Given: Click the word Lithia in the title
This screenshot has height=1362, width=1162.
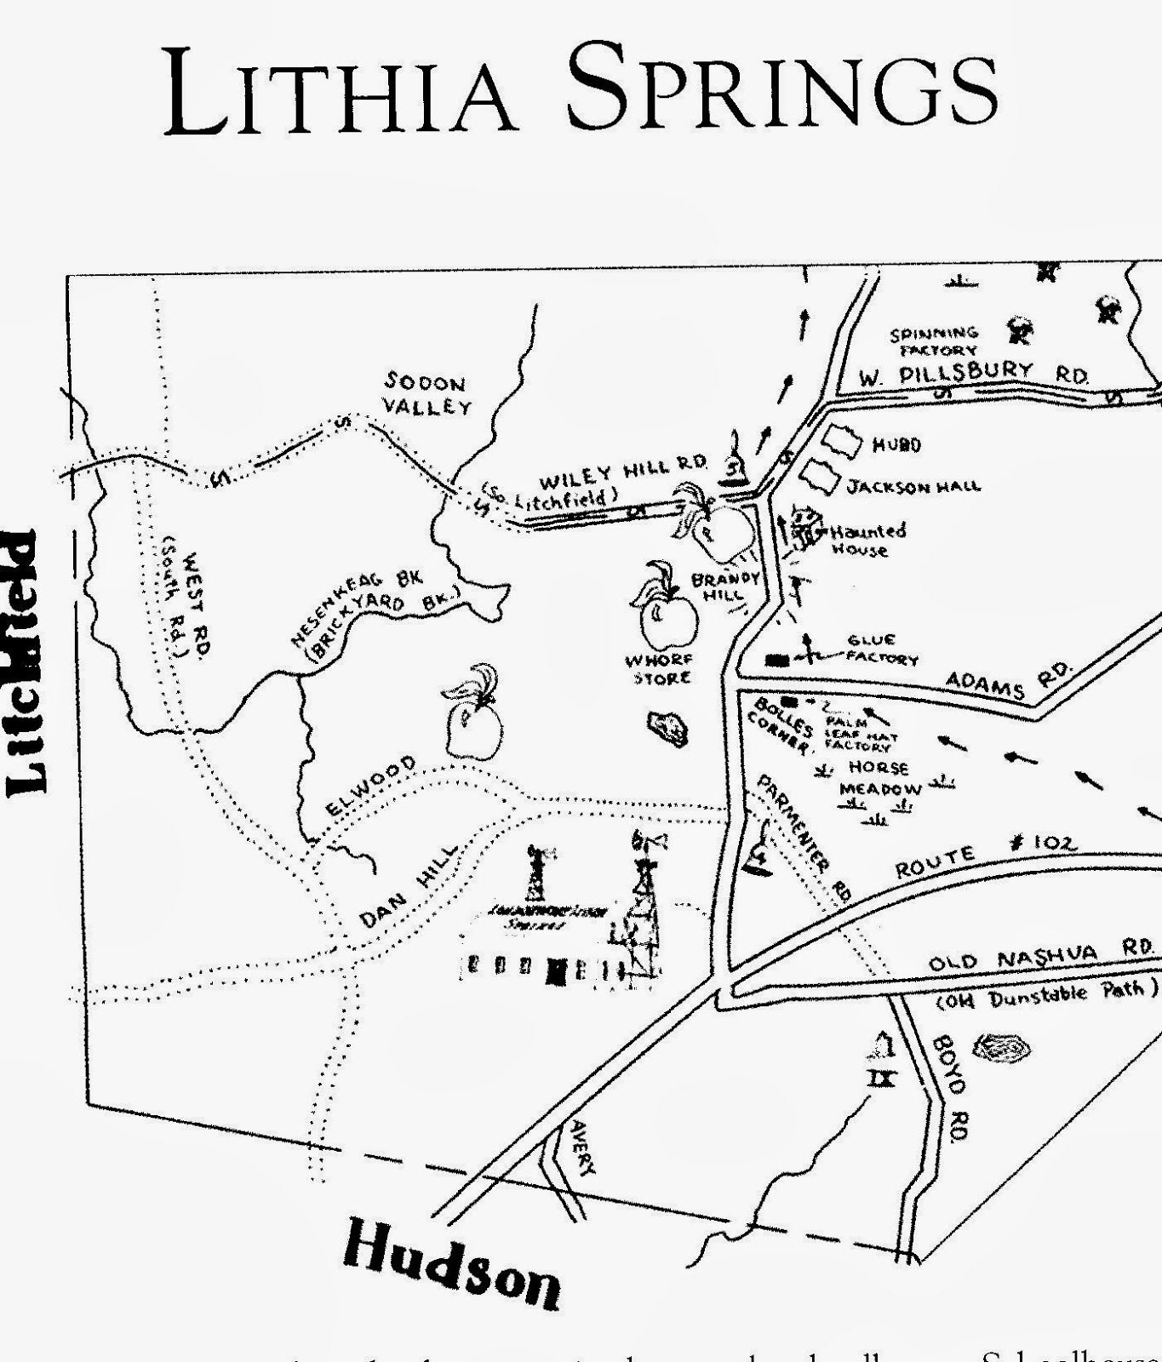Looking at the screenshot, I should coord(341,89).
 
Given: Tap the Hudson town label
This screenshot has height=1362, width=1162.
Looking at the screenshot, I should coord(451,1264).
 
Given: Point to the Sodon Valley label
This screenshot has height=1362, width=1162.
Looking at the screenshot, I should coord(426,392).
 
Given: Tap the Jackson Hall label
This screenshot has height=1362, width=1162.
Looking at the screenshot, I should coord(913,487).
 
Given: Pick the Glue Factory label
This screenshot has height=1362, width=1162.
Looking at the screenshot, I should coord(881,650).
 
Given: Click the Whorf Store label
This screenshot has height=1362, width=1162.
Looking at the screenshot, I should coord(659,669).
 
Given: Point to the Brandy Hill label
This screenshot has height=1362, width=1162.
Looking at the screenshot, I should coord(724,586).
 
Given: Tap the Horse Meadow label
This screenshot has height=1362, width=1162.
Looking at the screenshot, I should coord(879,778).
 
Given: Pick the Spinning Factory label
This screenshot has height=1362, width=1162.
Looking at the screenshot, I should coord(933,341).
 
